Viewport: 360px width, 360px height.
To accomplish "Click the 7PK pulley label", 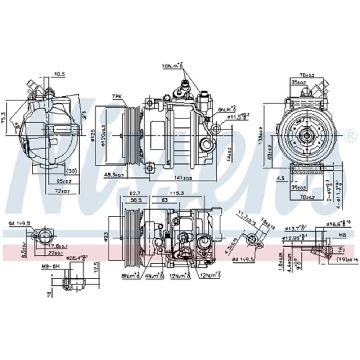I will [x=118, y=96].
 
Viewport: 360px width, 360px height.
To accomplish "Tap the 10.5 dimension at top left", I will [x=59, y=74].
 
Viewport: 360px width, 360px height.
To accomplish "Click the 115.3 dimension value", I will [x=177, y=193].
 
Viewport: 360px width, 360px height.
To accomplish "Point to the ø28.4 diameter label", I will [x=77, y=258].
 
